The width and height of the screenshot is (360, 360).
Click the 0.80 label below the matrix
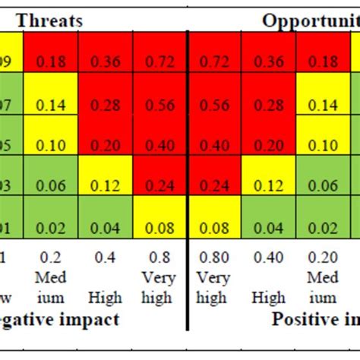tap(214, 257)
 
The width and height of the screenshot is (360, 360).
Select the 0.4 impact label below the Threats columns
tap(105, 257)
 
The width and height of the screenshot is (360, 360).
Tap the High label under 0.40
tap(270, 296)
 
